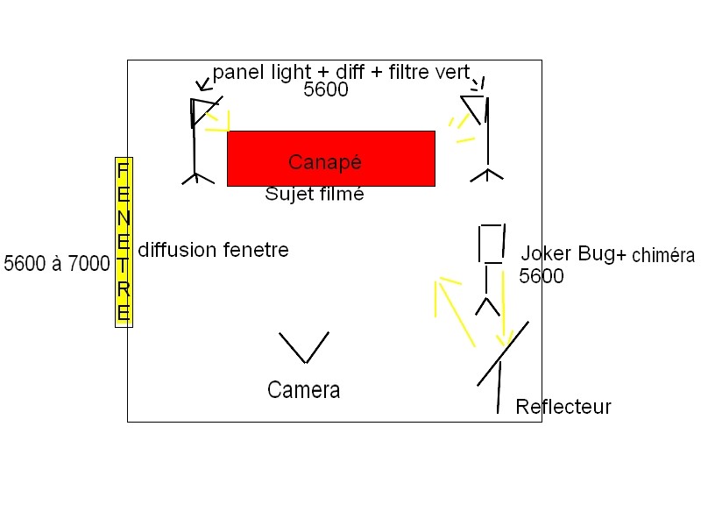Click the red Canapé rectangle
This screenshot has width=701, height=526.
(330, 158)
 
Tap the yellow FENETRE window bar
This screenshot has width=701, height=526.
(124, 241)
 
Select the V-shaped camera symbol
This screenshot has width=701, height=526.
(304, 347)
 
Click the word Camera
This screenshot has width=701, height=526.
(303, 390)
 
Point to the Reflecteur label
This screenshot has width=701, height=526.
(563, 407)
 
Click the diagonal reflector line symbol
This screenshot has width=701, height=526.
(503, 354)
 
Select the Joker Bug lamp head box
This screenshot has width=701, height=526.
(492, 244)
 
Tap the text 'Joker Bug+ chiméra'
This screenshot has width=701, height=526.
(606, 255)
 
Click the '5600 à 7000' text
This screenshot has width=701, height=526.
(57, 263)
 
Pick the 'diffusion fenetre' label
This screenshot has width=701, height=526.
(213, 251)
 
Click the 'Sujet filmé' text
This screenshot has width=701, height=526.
(314, 195)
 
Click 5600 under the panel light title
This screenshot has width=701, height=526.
(326, 89)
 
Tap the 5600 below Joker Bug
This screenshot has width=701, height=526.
(541, 277)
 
